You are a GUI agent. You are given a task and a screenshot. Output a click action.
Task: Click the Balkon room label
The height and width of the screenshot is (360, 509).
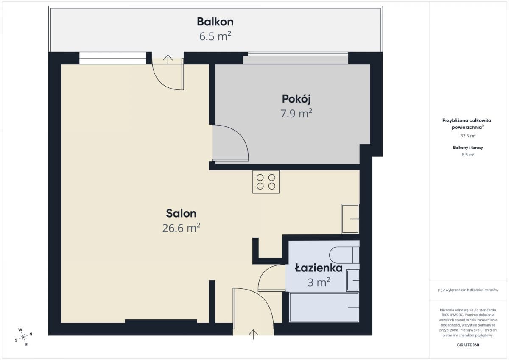[215, 22]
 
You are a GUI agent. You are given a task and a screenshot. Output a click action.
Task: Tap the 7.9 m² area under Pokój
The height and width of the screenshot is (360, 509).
[296, 113]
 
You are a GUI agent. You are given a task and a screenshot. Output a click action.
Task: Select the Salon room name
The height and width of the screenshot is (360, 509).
[181, 213]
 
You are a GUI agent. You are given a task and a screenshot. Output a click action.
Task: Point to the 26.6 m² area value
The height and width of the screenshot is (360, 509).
[181, 228]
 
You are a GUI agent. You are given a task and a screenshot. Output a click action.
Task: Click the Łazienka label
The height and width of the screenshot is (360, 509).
[319, 268]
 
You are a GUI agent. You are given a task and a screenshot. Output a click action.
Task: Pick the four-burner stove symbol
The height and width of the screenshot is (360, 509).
[266, 182]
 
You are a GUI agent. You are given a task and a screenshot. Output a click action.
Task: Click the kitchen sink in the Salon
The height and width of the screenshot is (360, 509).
[350, 219]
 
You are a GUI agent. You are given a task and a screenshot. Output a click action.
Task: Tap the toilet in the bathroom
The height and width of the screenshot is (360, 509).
[344, 255]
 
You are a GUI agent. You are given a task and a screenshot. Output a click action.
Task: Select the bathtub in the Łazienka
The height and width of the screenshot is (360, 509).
[324, 307]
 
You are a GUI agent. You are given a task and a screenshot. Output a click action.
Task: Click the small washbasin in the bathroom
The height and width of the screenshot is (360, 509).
[352, 281]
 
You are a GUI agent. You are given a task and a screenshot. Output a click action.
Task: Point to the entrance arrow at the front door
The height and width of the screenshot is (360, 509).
[253, 334]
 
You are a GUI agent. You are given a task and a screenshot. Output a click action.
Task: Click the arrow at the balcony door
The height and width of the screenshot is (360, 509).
[168, 59]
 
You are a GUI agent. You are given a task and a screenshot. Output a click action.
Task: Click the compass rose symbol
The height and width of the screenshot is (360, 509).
[23, 337]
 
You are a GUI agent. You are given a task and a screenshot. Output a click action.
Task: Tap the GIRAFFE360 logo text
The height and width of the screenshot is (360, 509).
[468, 345]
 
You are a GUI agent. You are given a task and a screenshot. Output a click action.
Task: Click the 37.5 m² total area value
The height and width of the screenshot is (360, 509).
[468, 136]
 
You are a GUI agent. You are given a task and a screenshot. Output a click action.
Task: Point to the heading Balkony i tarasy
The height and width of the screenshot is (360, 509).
[468, 148]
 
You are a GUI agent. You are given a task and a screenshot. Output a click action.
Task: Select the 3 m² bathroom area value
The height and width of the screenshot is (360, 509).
[319, 282]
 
